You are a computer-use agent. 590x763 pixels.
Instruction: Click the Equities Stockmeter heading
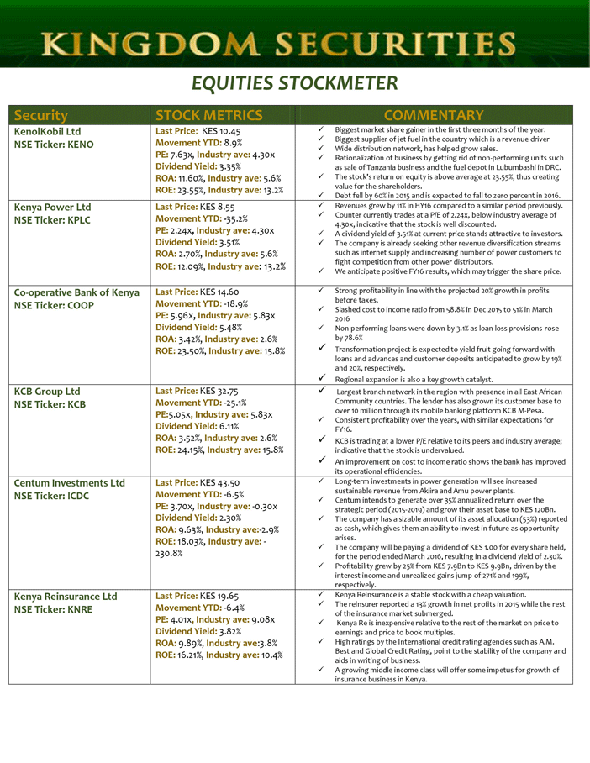[x=294, y=83]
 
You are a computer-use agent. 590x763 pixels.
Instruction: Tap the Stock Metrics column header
[x=208, y=115]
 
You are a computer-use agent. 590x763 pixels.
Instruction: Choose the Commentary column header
[x=433, y=115]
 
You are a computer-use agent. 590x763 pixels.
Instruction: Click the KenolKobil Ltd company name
[x=48, y=132]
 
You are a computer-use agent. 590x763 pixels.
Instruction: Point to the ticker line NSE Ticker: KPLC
[x=54, y=220]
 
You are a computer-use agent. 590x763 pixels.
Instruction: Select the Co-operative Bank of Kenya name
[x=76, y=292]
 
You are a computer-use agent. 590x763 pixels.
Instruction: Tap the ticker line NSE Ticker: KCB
[x=50, y=404]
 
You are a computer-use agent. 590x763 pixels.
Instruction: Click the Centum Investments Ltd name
[x=70, y=483]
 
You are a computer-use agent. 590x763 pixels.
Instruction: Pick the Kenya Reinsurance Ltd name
[x=66, y=597]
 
